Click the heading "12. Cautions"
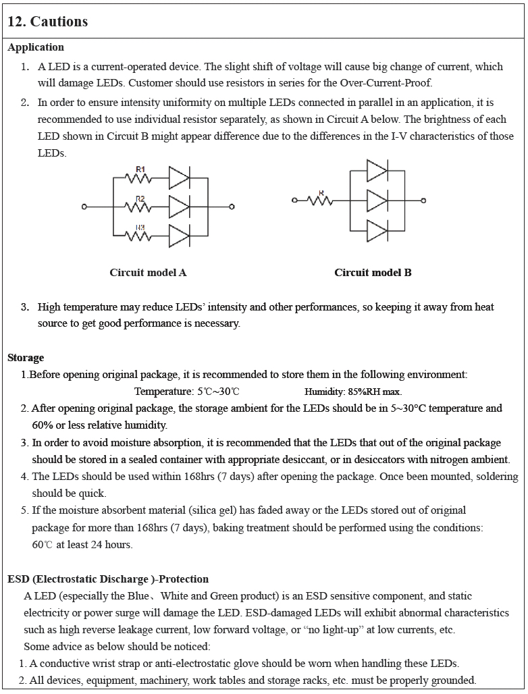click(47, 22)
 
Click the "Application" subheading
click(36, 47)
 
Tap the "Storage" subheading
click(26, 358)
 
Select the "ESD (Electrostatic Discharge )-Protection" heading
click(108, 579)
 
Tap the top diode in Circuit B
click(377, 171)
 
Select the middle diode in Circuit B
click(377, 201)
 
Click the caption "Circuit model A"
click(148, 273)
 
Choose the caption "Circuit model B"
click(373, 273)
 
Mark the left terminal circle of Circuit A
click(84, 207)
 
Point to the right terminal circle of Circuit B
click(423, 201)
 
